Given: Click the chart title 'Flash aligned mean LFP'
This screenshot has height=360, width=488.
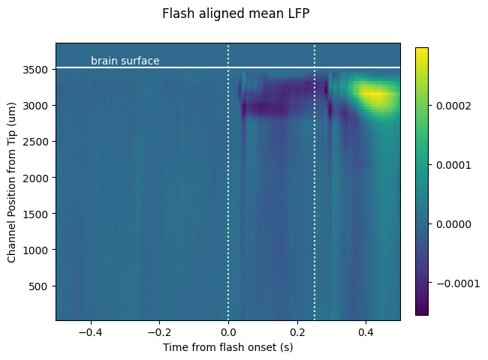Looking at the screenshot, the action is point(236,13).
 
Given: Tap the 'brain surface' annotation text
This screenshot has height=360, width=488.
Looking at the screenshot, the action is point(125,60).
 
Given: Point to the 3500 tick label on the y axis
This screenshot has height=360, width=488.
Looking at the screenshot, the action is point(35,70).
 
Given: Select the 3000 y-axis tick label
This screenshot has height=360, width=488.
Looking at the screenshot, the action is point(35,106).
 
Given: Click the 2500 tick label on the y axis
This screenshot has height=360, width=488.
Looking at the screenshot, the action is point(35,142).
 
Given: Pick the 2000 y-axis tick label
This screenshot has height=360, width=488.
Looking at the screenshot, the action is point(35,178).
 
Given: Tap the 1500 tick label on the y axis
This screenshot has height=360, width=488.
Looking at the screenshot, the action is point(35,214).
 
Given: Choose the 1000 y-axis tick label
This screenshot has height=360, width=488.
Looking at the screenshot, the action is point(35,250).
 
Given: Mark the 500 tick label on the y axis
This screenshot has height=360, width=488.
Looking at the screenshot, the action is point(38,286).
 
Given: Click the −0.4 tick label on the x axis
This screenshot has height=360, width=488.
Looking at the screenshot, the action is point(91,332).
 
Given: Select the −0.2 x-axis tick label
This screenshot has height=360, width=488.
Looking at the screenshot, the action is point(159,332).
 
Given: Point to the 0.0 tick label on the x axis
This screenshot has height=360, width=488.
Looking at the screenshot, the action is point(228,332).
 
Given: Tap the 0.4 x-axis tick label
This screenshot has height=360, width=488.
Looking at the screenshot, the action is point(366,332).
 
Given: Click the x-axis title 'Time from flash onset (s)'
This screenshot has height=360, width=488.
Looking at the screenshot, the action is point(227,347).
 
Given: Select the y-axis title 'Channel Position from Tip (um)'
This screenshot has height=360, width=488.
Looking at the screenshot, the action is point(11,183).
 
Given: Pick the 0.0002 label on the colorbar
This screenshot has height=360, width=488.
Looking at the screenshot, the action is point(453,106).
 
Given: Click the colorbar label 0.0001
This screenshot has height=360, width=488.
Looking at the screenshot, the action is point(453,165).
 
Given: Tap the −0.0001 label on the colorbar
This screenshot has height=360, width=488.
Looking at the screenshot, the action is point(458,283).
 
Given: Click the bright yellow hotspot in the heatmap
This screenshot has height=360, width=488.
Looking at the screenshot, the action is point(377,94).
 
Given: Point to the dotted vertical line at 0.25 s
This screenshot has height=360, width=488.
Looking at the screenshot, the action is point(315,181).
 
